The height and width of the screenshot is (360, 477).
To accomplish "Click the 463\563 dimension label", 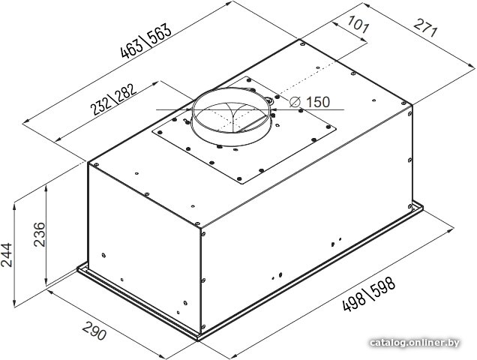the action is coord(146,41).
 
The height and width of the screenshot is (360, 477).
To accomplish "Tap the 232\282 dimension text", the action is coord(113,99).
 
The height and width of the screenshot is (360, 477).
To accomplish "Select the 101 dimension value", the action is coord(358,24).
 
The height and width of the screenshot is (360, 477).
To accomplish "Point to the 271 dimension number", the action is coord(425,28).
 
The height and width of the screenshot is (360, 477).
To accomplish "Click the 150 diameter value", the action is coord(317,102).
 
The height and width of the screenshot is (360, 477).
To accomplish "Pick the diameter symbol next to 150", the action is coord(295,102).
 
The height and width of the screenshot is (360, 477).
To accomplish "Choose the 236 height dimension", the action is coord(39,234).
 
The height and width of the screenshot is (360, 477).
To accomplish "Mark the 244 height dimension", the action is coord(7,255).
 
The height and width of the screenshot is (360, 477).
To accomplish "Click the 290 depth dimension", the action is coord(94,331).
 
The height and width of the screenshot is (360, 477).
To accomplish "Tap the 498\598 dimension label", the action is coord(369,294).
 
